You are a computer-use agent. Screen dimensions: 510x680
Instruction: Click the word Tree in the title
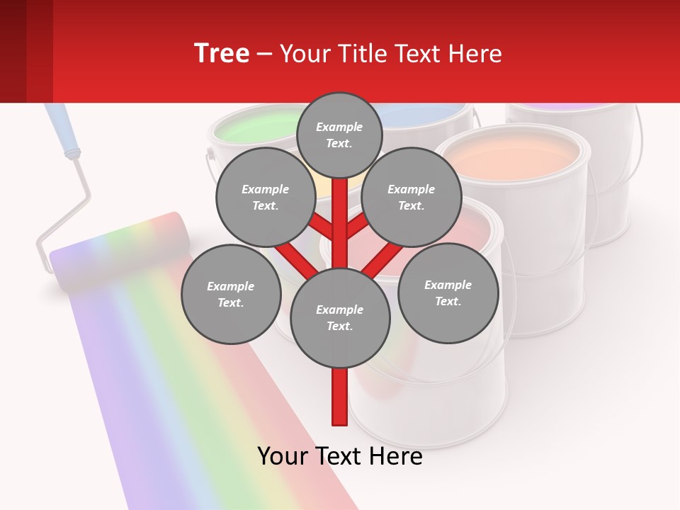coord(222,53)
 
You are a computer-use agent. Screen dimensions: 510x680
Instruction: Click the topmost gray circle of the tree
coord(339,135)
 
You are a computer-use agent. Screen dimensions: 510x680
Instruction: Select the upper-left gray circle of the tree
coord(265,198)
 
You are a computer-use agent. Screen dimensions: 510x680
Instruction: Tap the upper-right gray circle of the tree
coord(411,198)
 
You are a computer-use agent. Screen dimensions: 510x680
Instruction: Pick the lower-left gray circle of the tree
coord(230,295)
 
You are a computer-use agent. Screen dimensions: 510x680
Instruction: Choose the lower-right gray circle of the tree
coord(448,293)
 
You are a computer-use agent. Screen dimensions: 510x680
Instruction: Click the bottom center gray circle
coord(339,318)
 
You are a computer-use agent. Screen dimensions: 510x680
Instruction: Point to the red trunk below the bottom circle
coord(340,397)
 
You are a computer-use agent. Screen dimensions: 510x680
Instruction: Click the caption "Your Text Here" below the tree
coord(340,456)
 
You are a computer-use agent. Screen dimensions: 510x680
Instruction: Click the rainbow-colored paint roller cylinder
coord(120,251)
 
